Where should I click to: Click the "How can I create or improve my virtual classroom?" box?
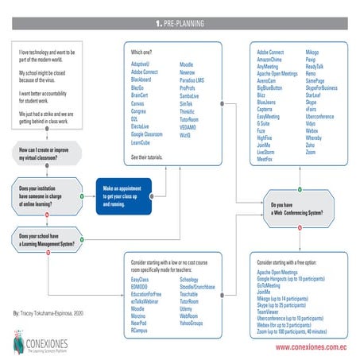pos(45,153)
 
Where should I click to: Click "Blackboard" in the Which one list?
pos(141,80)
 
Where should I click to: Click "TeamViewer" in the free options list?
pos(273,313)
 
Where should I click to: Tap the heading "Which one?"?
pos(141,49)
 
